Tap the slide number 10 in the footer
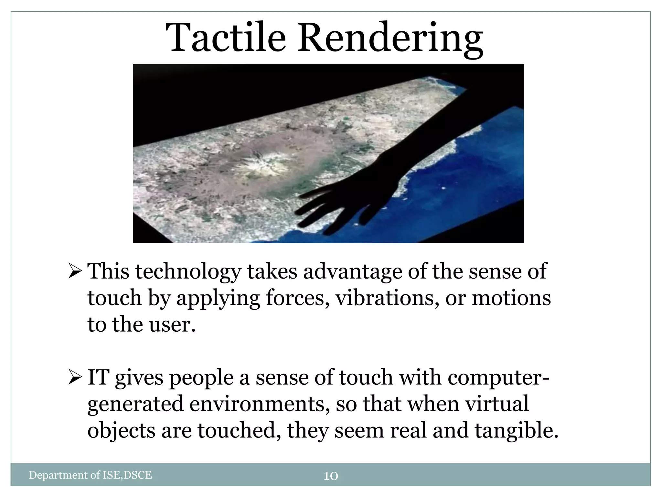(x=331, y=476)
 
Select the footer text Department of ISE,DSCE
(x=90, y=475)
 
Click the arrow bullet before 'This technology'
(x=75, y=271)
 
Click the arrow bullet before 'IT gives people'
(x=75, y=378)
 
